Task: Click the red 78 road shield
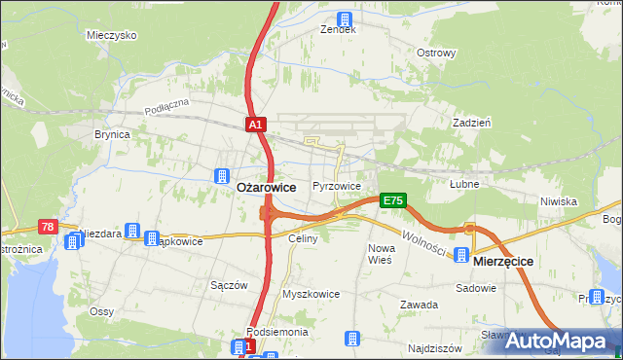48,227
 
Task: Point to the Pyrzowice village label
337,186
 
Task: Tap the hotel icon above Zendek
344,17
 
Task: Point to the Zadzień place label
471,123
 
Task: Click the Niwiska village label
559,201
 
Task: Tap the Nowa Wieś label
380,254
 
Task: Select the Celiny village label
303,238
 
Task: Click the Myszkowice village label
311,293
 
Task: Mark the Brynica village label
112,135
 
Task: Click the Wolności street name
424,242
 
